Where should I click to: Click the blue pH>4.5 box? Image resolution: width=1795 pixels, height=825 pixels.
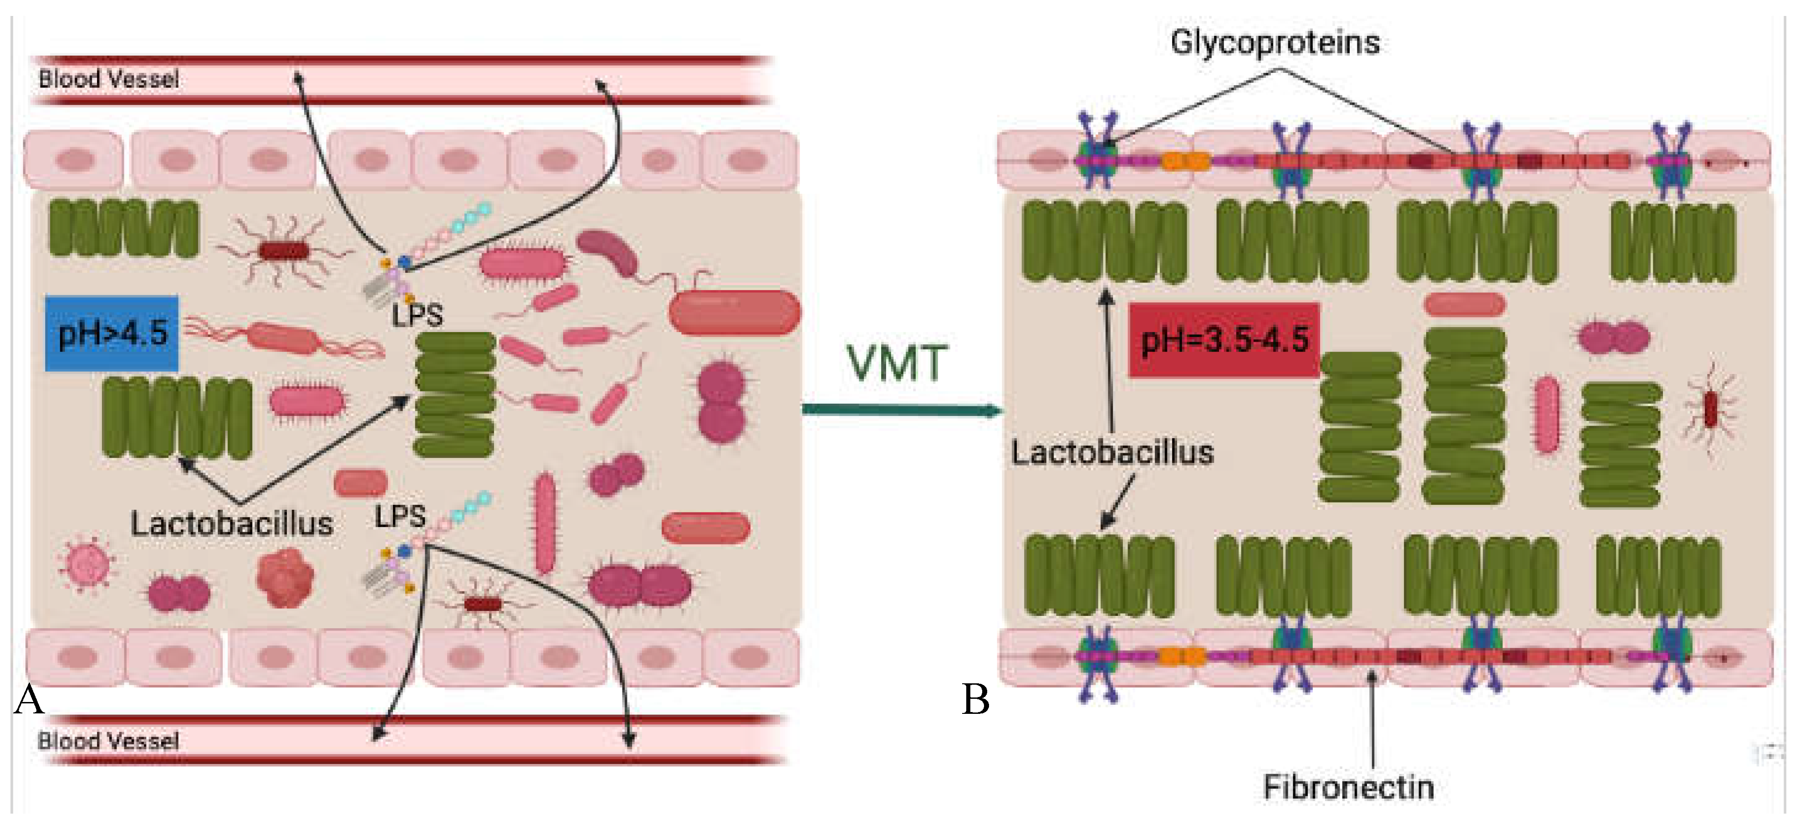[x=112, y=333]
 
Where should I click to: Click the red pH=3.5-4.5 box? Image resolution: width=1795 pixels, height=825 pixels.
[x=1224, y=340]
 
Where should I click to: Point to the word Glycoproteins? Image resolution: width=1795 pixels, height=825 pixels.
[x=1275, y=42]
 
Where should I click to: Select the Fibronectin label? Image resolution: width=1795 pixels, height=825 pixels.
[x=1348, y=787]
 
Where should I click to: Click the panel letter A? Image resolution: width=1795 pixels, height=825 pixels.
[x=29, y=699]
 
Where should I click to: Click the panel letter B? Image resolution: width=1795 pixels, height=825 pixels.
[x=975, y=699]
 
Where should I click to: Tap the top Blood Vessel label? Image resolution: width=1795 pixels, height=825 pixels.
[x=109, y=79]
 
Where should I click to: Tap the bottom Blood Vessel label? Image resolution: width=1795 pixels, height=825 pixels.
[x=109, y=741]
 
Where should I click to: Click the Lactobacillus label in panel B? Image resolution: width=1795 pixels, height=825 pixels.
[x=1112, y=452]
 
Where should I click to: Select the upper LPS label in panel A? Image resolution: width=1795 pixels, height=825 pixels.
[x=417, y=315]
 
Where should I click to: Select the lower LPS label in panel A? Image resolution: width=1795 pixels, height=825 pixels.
[x=400, y=517]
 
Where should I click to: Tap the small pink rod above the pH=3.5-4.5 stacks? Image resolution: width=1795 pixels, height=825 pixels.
[x=1465, y=304]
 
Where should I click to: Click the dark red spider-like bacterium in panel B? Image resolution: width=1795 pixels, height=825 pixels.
[x=1710, y=410]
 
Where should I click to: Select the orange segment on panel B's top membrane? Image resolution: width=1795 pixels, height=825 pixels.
[x=1184, y=162]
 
